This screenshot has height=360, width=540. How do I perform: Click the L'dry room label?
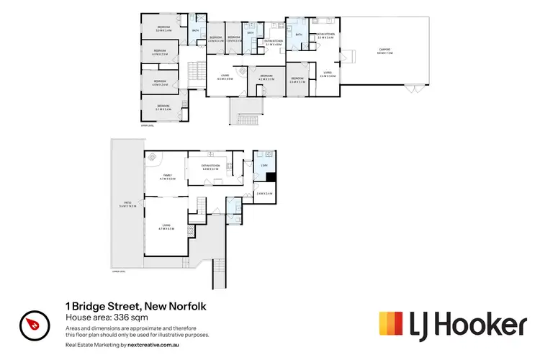tap(263, 166)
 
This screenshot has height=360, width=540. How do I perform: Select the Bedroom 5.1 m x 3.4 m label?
tap(165, 109)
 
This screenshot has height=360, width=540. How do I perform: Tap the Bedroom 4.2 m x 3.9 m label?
tap(266, 76)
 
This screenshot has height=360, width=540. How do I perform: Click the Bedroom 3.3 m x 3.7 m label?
tap(297, 81)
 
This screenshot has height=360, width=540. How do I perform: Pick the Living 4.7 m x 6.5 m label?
tap(166, 228)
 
